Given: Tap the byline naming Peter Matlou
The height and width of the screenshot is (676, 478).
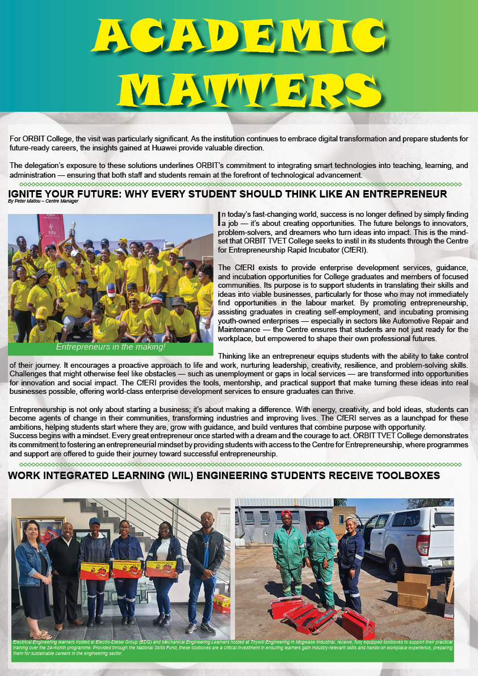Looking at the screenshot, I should click(43, 201).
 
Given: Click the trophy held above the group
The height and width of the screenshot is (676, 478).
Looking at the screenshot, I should click(73, 228).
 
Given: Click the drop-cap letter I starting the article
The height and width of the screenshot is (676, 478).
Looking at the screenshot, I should click(220, 218).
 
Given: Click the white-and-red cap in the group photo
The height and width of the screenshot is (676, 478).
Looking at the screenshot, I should click(111, 290).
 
